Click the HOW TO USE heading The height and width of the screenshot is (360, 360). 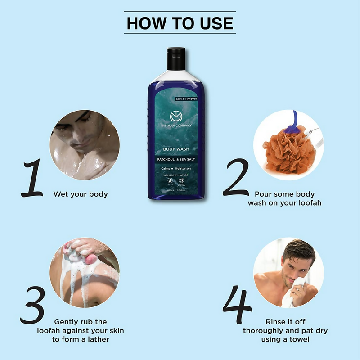[x=180, y=22]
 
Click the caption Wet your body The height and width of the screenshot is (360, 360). [x=81, y=194]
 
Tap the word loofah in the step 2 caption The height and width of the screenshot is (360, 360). [x=309, y=203]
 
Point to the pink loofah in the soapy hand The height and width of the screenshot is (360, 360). [x=91, y=258]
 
